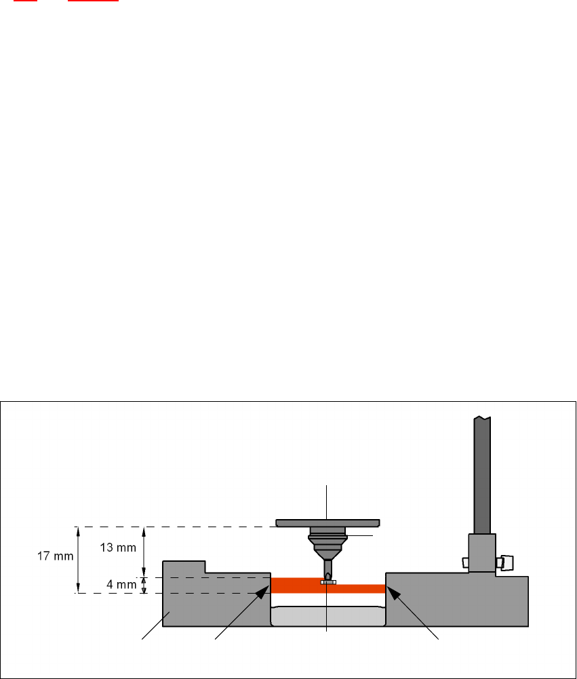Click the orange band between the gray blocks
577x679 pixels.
coord(298,585)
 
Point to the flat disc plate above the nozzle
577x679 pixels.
coord(327,522)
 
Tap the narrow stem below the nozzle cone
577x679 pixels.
coord(327,565)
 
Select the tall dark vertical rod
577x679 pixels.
coord(481,474)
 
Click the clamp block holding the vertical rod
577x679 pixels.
coord(482,553)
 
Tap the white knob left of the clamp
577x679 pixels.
coord(464,562)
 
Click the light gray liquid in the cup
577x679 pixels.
coord(327,617)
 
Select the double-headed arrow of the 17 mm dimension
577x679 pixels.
coord(78,560)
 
